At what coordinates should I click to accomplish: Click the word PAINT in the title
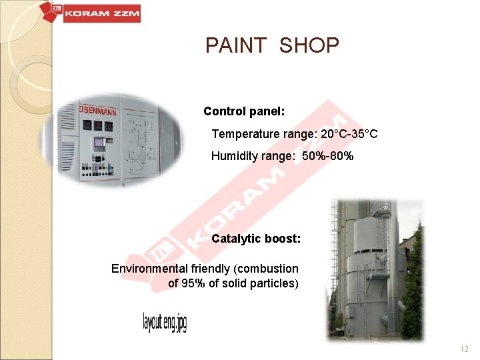click(x=237, y=46)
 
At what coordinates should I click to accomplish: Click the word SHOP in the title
click(x=309, y=46)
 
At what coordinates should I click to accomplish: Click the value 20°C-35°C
click(x=349, y=134)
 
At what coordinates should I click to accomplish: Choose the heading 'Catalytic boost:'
click(x=256, y=238)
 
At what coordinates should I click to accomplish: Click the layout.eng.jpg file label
click(x=165, y=323)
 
